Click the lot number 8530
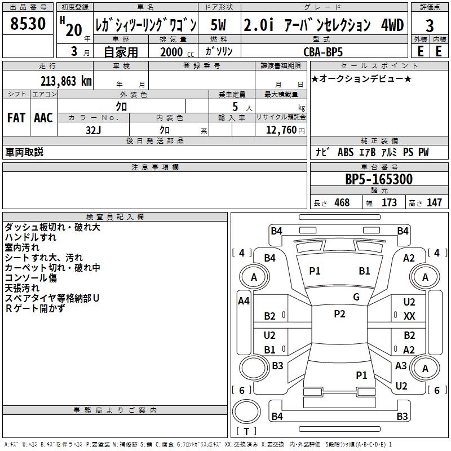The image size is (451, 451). (28, 25)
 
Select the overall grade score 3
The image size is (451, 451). (430, 26)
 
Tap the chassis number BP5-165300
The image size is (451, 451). (378, 180)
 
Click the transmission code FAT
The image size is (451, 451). (16, 118)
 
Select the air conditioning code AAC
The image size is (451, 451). (43, 118)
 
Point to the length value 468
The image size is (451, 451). (342, 202)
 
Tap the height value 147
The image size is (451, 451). (434, 202)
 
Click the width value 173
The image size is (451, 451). (389, 202)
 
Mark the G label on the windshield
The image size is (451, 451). (356, 297)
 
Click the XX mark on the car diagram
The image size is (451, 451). (409, 316)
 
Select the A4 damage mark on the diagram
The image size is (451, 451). (244, 301)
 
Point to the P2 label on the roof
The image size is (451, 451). (339, 314)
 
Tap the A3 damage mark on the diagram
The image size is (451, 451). (401, 365)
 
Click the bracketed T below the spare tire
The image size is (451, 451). (246, 432)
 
